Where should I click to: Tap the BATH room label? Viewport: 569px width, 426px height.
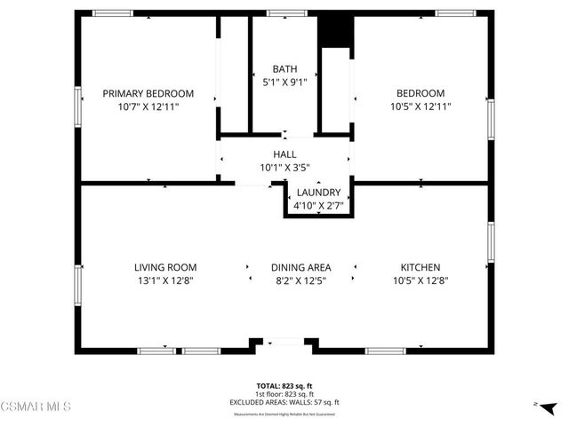click(x=284, y=69)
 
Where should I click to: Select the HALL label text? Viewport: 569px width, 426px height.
click(x=284, y=154)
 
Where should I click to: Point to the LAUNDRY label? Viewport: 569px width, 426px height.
click(x=318, y=193)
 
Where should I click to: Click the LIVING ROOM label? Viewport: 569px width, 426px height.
click(x=165, y=267)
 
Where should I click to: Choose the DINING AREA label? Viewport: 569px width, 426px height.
click(x=301, y=267)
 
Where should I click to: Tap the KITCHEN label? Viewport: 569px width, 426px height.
click(x=421, y=267)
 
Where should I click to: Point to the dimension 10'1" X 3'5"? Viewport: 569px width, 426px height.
click(x=284, y=167)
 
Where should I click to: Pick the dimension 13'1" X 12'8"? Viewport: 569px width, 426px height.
click(x=165, y=280)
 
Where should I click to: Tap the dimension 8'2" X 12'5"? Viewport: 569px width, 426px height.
click(x=301, y=280)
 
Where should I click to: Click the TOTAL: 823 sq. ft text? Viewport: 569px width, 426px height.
click(x=284, y=386)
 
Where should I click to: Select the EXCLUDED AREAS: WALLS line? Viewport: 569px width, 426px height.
click(x=284, y=402)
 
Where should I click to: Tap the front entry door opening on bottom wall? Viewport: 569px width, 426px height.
click(x=284, y=342)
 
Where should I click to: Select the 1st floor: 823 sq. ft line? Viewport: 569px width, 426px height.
click(x=284, y=394)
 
